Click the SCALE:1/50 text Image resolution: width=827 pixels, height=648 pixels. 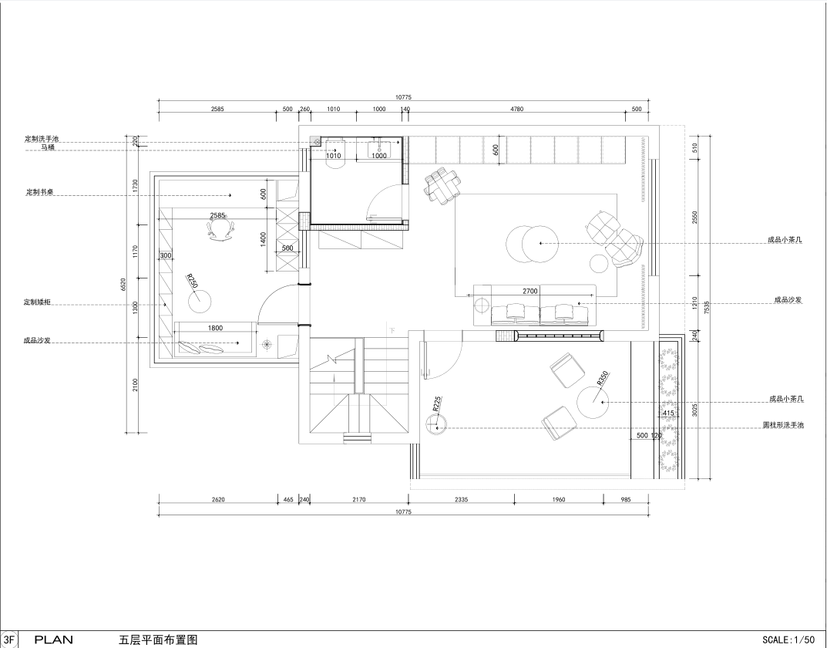click(789, 640)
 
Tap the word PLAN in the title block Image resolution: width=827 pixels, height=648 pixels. click(54, 640)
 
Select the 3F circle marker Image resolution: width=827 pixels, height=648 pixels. click(8, 640)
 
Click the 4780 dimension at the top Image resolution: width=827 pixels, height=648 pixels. click(517, 110)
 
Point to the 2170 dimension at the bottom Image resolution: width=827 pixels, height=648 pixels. click(358, 499)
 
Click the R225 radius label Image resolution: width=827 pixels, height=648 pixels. click(437, 403)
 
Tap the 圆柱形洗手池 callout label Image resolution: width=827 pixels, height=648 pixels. click(783, 425)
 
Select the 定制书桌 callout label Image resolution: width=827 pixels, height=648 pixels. click(40, 192)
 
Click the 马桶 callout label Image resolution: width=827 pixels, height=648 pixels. click(48, 147)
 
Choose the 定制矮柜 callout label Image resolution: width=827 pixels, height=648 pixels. click(38, 302)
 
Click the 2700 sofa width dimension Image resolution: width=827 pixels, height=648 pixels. click(530, 291)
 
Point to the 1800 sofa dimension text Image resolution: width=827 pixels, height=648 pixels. click(215, 328)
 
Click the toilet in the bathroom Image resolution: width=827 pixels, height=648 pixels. click(335, 154)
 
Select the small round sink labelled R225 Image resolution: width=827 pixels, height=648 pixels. click(437, 424)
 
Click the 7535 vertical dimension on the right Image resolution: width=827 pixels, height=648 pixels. click(708, 307)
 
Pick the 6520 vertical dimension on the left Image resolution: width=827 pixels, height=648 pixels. click(123, 284)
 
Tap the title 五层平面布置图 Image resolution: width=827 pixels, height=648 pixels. click(158, 640)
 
